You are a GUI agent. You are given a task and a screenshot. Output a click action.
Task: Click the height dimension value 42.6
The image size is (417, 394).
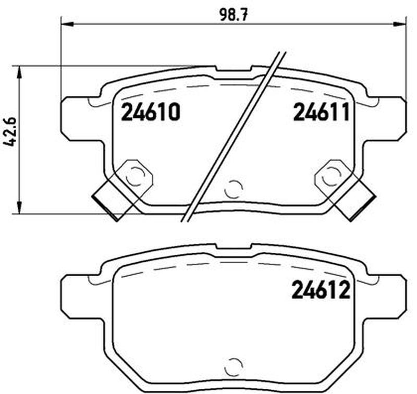click(x=10, y=131)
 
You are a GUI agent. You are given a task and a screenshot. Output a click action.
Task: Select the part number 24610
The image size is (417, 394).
click(x=151, y=112)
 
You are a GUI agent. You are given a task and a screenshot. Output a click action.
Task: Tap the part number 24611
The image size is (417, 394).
click(x=321, y=112)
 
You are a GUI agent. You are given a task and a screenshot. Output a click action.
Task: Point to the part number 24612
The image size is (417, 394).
click(x=321, y=290)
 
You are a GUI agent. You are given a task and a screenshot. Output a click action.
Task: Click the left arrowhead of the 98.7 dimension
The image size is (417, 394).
click(x=67, y=24)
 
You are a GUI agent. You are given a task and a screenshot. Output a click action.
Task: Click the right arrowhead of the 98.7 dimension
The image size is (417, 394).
click(x=401, y=24)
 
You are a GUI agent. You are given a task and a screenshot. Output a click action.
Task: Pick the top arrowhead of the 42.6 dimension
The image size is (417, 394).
click(x=19, y=72)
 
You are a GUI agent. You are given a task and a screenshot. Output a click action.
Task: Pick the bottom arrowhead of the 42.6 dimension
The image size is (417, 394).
click(x=19, y=207)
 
